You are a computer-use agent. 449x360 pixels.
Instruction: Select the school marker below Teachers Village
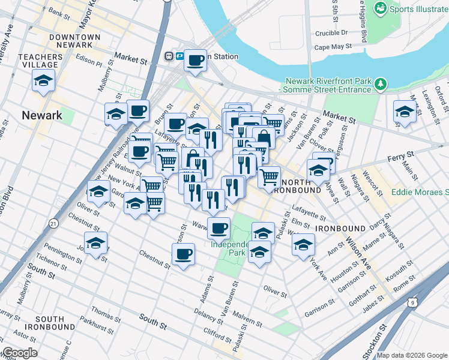pos(44,81)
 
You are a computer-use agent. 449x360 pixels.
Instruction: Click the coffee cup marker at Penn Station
pos(195,60)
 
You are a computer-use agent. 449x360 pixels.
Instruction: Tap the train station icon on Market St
pos(169,56)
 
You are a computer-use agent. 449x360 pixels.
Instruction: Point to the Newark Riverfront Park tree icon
pos(379,82)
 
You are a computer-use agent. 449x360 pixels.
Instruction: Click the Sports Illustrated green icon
pos(379,8)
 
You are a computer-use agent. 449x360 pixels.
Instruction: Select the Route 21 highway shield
pos(54,224)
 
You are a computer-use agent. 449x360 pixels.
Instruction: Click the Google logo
pos(20,353)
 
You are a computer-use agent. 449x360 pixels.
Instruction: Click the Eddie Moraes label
pos(420,193)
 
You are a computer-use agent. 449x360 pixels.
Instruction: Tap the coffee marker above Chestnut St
pos(183,254)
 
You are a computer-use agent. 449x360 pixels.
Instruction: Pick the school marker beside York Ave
pos(303,245)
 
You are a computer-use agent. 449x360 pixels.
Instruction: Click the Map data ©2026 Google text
pos(412,355)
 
